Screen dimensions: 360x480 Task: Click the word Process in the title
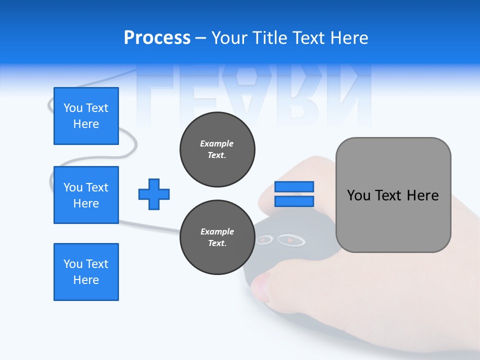click(x=157, y=38)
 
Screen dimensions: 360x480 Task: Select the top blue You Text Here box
click(x=86, y=116)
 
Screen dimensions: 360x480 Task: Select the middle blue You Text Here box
click(x=86, y=195)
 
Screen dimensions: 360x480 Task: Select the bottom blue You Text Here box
click(x=86, y=272)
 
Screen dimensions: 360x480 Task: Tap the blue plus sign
click(x=154, y=194)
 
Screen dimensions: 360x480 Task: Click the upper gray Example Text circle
click(x=217, y=149)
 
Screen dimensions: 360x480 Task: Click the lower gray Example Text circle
click(x=217, y=237)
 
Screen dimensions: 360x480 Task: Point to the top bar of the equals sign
click(x=294, y=186)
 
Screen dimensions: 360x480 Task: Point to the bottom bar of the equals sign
click(x=294, y=201)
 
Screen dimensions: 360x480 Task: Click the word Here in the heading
click(x=348, y=38)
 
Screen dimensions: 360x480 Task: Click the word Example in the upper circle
click(x=217, y=143)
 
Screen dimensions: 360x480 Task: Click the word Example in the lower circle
click(x=217, y=231)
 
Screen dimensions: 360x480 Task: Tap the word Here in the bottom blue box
click(x=86, y=280)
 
